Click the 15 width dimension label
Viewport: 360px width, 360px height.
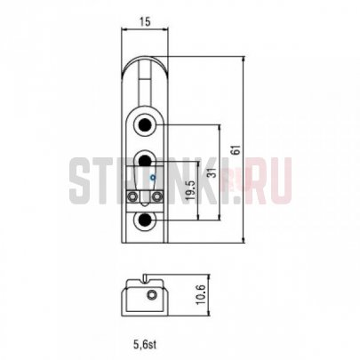[x=145, y=21]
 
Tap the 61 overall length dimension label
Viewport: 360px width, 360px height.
[x=236, y=150]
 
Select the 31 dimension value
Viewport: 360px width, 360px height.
[x=212, y=172]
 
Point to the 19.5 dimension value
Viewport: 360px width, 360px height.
[x=191, y=189]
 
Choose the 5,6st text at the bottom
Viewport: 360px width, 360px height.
[x=145, y=344]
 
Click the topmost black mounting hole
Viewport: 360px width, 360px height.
[x=145, y=124]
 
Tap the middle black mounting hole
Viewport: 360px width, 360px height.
[x=145, y=161]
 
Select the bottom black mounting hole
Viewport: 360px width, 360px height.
[x=145, y=220]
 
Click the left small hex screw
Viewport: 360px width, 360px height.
[x=132, y=196]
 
